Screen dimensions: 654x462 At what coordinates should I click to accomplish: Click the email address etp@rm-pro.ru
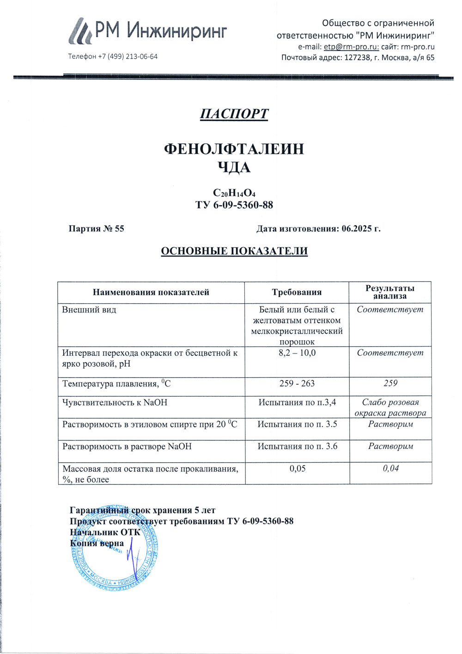[x=351, y=47]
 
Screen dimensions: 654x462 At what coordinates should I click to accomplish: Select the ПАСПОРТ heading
[x=234, y=114]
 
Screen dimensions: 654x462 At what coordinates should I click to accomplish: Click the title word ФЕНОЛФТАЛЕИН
[x=234, y=149]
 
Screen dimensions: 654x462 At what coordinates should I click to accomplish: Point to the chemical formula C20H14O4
[x=234, y=193]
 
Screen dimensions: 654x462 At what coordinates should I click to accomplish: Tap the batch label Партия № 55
[x=96, y=228]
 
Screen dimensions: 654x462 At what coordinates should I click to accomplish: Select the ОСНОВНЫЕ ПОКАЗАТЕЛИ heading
[x=234, y=251]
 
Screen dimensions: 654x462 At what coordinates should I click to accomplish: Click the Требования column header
[x=297, y=292]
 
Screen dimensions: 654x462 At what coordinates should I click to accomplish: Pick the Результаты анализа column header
[x=390, y=292]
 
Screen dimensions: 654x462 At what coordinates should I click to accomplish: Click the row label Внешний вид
[x=89, y=310]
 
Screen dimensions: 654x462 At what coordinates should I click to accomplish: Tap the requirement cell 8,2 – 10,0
[x=297, y=353]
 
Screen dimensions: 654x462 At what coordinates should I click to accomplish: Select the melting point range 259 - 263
[x=297, y=383]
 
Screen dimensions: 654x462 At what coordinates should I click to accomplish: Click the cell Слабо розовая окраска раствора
[x=390, y=407]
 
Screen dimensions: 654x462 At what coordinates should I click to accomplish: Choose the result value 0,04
[x=390, y=468]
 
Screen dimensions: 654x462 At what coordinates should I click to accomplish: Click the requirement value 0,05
[x=297, y=468]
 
